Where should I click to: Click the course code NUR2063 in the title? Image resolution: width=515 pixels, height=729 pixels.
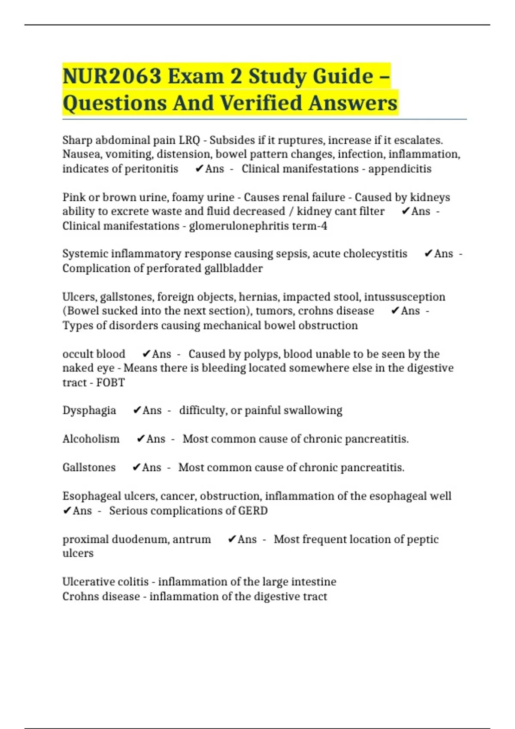pyautogui.click(x=112, y=76)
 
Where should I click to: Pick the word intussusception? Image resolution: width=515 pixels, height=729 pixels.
pyautogui.click(x=405, y=297)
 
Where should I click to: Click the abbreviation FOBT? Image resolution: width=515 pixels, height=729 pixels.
pyautogui.click(x=110, y=383)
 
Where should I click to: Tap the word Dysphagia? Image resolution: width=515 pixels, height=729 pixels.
pyautogui.click(x=89, y=410)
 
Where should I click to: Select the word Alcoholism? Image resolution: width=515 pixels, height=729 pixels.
pyautogui.click(x=91, y=439)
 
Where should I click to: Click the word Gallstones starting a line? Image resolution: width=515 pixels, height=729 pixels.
pyautogui.click(x=89, y=467)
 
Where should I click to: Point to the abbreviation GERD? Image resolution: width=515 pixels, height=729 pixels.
pyautogui.click(x=253, y=511)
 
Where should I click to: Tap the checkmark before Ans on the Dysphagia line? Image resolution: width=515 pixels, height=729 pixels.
pyautogui.click(x=137, y=410)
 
